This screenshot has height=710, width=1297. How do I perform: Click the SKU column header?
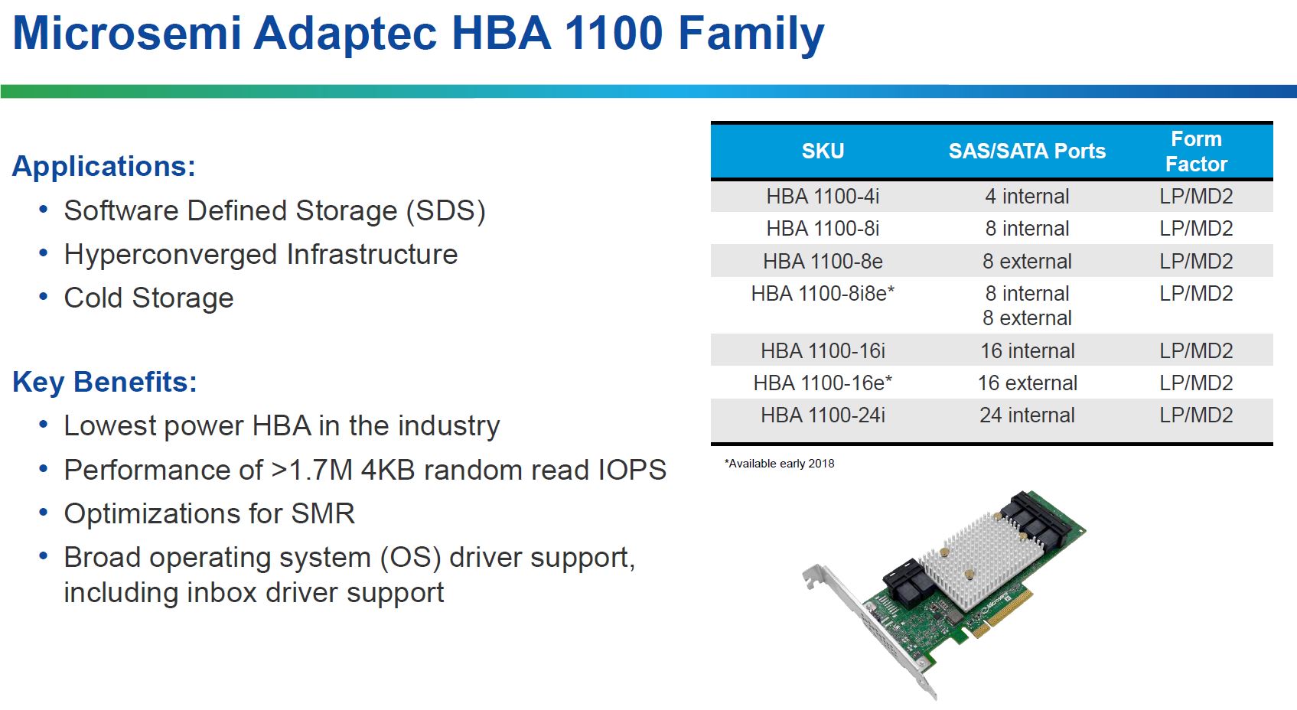[x=823, y=151]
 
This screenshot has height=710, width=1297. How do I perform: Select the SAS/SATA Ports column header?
[x=1027, y=151]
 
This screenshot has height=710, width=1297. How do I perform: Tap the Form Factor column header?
[x=1196, y=151]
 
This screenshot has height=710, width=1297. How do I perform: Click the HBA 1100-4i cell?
[x=823, y=197]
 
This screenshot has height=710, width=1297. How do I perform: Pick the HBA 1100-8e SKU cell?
[x=823, y=261]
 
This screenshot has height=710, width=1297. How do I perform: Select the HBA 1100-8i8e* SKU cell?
[x=823, y=294]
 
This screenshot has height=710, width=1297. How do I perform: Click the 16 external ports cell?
[x=1027, y=383]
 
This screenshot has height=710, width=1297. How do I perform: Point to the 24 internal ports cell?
[x=1027, y=415]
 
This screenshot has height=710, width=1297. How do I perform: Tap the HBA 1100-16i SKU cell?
[x=823, y=350]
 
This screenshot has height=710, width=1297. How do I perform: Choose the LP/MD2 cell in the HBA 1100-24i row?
[x=1196, y=415]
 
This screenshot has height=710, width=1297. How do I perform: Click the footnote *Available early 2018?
[x=780, y=464]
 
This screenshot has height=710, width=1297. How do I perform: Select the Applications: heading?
[x=104, y=166]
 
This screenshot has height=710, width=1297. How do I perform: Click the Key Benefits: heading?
[x=105, y=383]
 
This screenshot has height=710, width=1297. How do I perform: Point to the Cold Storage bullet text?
[x=148, y=298]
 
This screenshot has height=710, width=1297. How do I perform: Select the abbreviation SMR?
[x=323, y=513]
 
